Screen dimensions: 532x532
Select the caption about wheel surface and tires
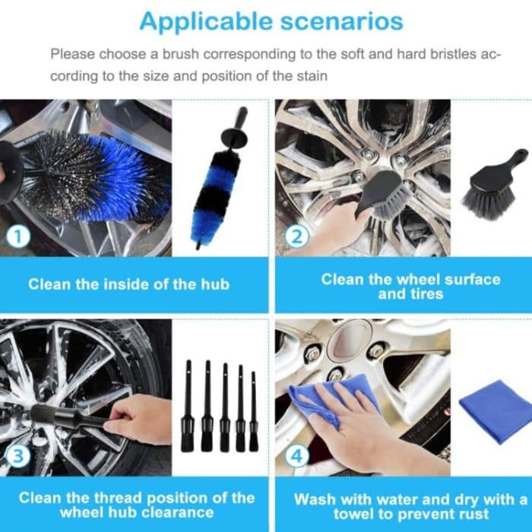tap(410, 286)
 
